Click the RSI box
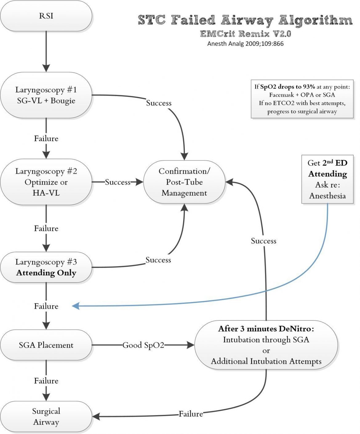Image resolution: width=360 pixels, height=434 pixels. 46,16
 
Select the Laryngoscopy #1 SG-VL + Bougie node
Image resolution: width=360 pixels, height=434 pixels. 46,95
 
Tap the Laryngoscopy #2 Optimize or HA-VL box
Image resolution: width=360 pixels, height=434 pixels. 46,182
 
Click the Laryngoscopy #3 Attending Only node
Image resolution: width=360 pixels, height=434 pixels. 46,267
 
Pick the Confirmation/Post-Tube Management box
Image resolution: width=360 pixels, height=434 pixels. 184,182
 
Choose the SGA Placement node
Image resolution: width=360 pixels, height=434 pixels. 46,345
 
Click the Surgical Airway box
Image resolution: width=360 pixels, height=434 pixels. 46,416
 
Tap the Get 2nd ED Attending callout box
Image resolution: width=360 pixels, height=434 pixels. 327,179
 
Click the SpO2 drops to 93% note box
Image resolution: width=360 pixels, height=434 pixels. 302,99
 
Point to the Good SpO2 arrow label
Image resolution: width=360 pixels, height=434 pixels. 143,345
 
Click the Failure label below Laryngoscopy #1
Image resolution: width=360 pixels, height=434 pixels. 46,138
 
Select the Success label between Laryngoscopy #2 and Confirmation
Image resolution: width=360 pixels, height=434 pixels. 118,182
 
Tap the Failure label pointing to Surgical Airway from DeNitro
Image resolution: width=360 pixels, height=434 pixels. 191,414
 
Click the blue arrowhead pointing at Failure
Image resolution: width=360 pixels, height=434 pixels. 76,306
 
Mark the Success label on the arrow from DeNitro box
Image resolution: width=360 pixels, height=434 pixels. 264,241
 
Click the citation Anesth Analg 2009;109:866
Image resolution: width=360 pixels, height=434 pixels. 245,44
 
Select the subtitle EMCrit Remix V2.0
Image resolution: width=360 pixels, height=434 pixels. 245,34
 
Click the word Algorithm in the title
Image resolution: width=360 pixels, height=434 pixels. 315,20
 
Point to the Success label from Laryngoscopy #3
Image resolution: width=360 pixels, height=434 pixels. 158,260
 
